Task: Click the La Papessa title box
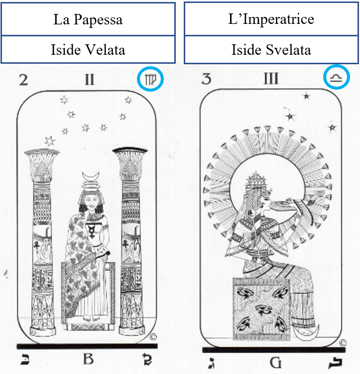click(88, 19)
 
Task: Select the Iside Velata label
click(88, 49)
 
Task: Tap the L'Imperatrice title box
click(271, 19)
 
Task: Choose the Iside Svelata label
click(271, 50)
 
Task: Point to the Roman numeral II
click(89, 80)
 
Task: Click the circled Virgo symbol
click(150, 79)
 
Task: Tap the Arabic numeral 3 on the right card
click(206, 79)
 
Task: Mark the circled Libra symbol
click(337, 78)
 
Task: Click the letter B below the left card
click(88, 359)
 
